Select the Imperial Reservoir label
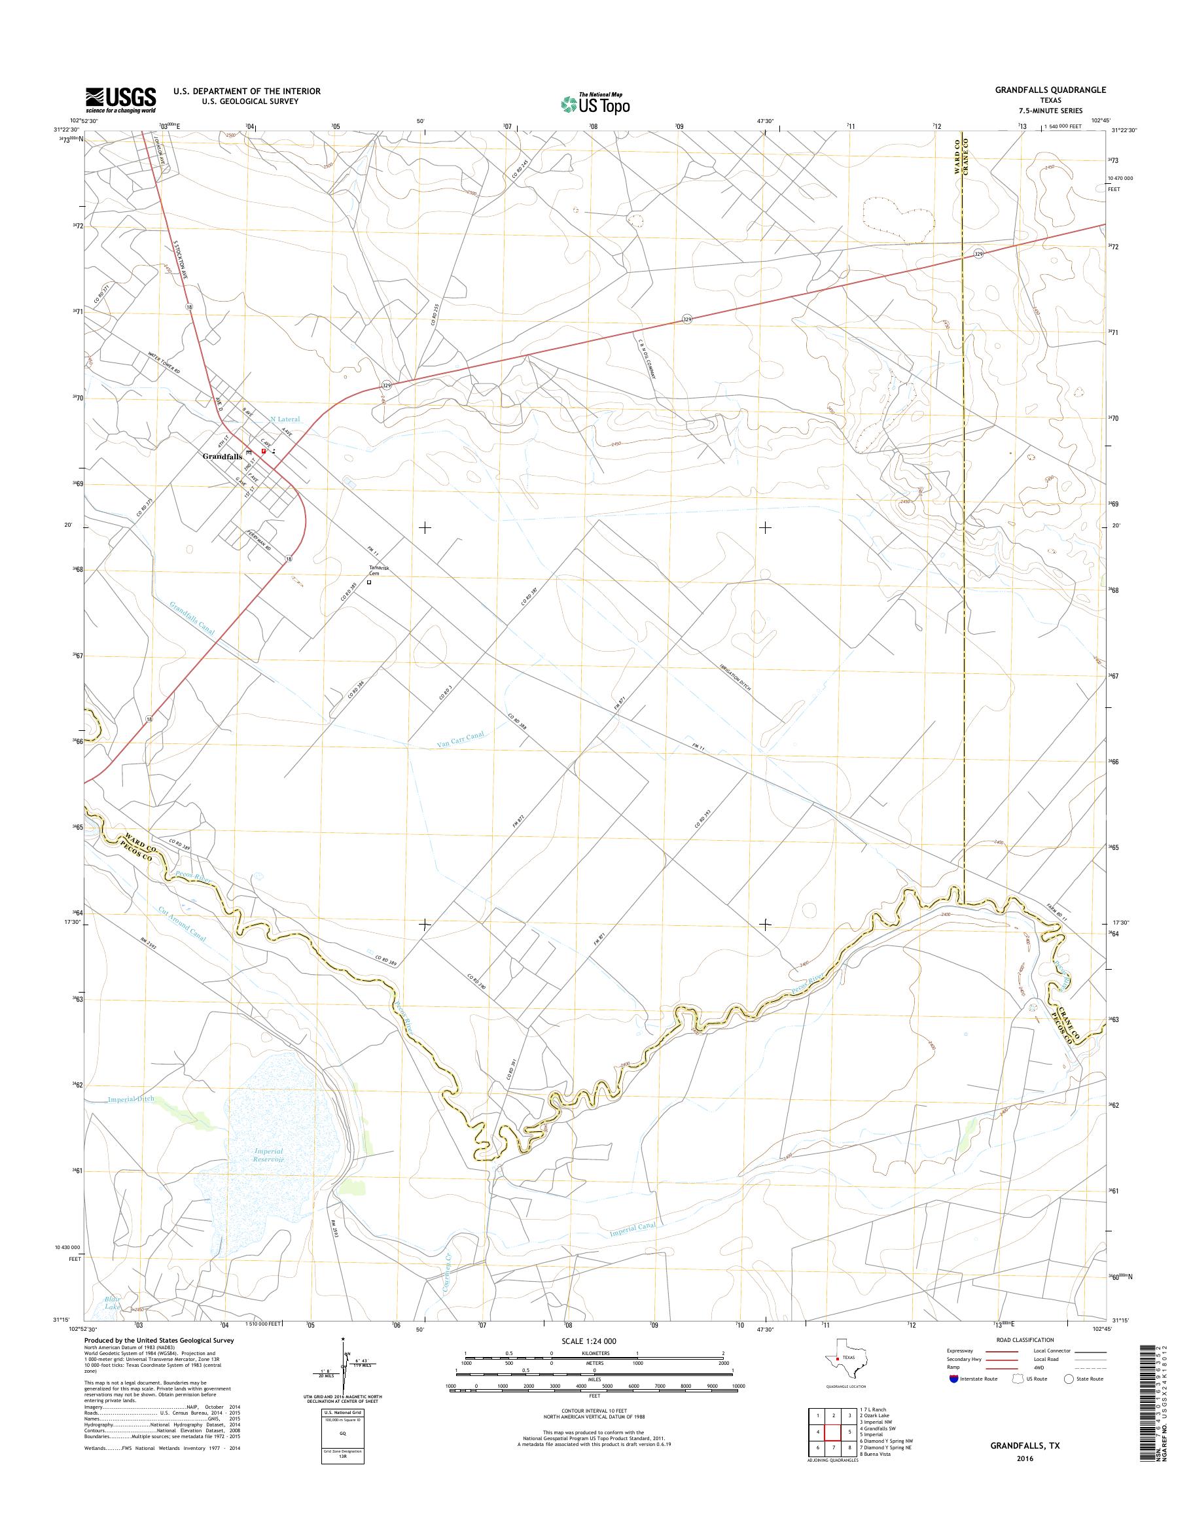coord(268,1155)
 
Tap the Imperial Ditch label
coord(130,1100)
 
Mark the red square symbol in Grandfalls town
coord(263,451)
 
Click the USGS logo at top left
coord(120,100)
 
